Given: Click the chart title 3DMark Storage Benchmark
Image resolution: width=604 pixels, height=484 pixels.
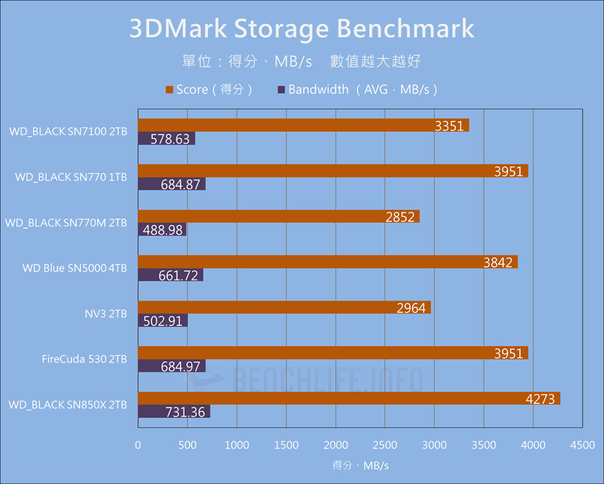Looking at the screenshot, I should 302,29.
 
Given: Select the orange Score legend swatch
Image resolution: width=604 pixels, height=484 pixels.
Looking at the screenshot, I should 169,90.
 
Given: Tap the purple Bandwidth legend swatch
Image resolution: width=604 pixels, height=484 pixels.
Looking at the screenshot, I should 281,90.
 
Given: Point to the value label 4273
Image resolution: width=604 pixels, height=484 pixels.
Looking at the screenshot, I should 541,399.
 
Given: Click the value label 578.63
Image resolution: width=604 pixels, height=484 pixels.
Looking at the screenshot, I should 170,139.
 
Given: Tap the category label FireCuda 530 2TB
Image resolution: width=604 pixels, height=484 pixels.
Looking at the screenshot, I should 85,359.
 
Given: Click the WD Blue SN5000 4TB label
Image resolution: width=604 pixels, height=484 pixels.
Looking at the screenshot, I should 75,268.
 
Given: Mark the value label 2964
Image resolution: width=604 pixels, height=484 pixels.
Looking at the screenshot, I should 411,308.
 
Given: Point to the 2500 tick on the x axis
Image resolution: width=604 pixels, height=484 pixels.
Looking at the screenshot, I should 385,445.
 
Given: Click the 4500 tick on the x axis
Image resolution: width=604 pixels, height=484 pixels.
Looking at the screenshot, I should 582,445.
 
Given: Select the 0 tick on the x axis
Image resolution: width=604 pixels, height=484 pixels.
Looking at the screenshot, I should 138,445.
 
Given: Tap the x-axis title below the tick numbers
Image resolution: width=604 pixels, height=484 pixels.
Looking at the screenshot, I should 360,465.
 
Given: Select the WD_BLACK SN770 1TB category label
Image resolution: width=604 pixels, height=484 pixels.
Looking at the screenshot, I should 71,177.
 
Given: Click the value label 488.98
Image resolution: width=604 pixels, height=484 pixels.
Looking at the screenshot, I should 163,230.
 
